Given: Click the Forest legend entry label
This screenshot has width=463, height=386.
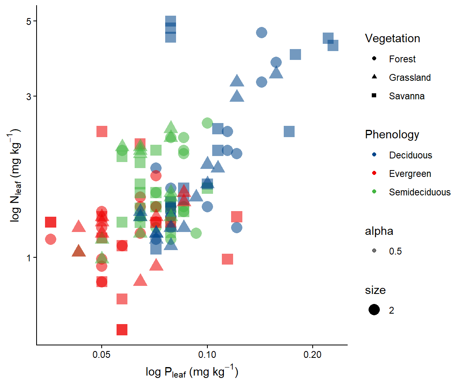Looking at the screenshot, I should [402, 59].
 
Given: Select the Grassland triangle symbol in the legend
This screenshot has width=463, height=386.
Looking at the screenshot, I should [374, 77].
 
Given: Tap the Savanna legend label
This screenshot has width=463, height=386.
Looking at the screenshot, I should [406, 96].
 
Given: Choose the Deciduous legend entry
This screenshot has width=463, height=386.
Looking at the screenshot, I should [410, 155].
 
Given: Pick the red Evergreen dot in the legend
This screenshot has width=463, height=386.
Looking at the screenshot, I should [374, 174].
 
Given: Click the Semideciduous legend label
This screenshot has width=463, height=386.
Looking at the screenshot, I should [420, 192].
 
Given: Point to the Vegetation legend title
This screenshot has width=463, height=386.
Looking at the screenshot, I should [392, 39].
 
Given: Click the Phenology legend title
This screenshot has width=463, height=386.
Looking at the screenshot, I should [392, 134].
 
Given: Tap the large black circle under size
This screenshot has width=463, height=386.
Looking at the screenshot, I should [374, 310].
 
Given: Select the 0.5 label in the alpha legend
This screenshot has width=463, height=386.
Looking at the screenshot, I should [395, 252].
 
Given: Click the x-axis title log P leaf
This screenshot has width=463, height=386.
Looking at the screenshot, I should [192, 373].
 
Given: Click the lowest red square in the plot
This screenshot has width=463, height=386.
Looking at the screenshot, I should [122, 329].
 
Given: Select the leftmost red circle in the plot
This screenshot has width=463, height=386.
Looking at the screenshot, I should [51, 239].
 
